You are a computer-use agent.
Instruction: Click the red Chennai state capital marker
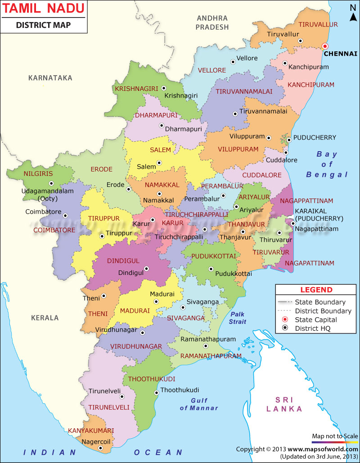[x=326, y=46]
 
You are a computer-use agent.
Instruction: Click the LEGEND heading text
[x=316, y=290]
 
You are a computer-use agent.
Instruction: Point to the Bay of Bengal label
[x=327, y=164]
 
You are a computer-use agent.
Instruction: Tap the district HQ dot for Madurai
[x=159, y=310]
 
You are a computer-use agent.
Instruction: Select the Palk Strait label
[x=237, y=318]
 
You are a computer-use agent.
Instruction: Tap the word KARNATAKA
[x=50, y=78]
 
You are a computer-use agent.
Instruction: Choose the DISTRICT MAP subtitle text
[x=43, y=25]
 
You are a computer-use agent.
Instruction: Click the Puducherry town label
[x=315, y=137]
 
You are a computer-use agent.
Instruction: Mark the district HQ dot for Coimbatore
[x=65, y=215]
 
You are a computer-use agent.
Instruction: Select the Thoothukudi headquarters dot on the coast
[x=156, y=392]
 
